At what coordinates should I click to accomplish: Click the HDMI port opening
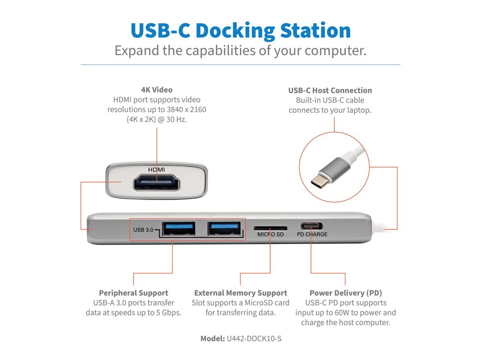coord(156,182)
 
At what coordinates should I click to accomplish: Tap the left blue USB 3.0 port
coord(179,228)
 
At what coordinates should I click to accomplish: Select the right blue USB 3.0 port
coord(224,228)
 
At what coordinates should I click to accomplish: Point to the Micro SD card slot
coord(270,228)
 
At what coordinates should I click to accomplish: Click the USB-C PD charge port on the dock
coord(311,226)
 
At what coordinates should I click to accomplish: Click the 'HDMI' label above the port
coord(156,170)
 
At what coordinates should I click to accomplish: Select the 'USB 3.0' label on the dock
coord(143,230)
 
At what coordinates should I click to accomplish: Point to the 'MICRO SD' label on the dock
coord(270,234)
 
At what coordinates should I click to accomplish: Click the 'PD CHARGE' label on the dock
coord(312,234)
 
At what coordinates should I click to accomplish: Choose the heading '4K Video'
coord(156,90)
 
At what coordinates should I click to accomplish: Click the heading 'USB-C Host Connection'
coord(330,90)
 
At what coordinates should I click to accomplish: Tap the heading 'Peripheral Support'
coord(133,293)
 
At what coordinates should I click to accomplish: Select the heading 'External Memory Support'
coord(240,293)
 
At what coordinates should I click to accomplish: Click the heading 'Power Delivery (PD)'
coord(346,293)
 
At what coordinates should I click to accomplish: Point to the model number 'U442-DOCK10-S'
coord(254,338)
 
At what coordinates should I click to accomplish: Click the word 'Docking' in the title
coord(235,31)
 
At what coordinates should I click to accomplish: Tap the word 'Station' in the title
coord(315,30)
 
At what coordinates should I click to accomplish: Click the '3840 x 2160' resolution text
coord(186,110)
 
